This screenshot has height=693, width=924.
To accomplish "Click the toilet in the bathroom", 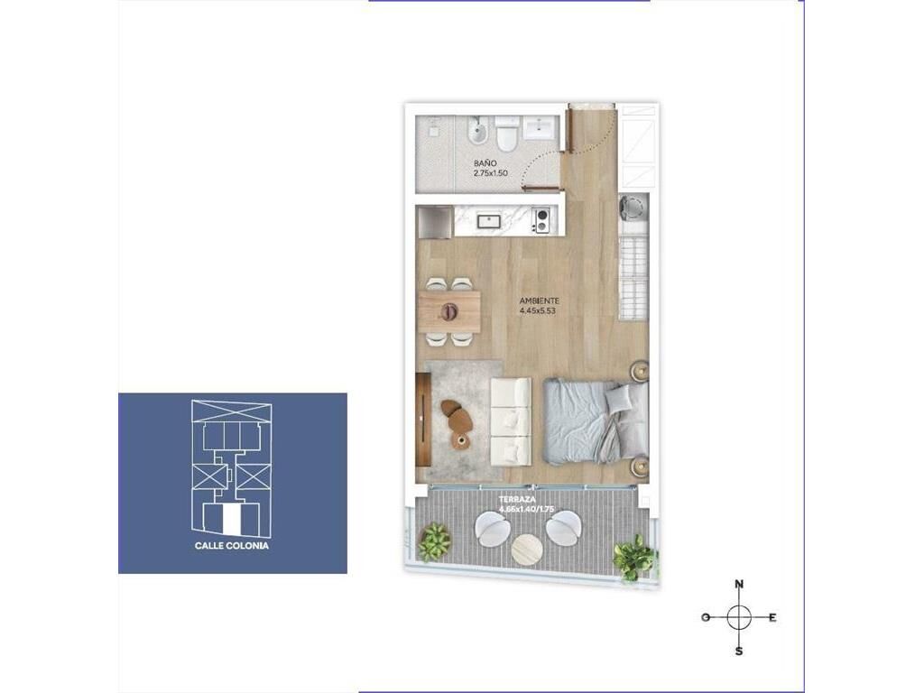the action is [506, 134].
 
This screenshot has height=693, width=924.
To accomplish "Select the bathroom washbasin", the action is [540, 128].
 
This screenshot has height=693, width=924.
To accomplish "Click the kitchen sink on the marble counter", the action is [488, 222].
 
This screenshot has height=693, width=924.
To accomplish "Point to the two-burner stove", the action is [541, 221].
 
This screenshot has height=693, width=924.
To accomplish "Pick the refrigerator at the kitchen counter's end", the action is [435, 222].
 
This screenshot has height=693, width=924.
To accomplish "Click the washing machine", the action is [633, 208].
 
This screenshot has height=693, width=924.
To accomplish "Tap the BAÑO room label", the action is [485, 163].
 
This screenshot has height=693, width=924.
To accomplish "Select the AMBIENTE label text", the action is [540, 300].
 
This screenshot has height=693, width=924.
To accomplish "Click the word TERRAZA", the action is [517, 499].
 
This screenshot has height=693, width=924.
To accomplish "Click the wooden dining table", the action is [449, 310].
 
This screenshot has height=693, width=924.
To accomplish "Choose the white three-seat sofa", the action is [511, 422].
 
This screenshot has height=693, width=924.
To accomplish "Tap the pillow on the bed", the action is [618, 399].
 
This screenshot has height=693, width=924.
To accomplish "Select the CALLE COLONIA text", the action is [232, 546].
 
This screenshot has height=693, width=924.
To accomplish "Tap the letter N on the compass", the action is [739, 585].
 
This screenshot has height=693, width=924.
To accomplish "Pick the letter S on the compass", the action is [738, 651].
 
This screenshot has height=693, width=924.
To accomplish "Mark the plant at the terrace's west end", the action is [434, 541].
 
